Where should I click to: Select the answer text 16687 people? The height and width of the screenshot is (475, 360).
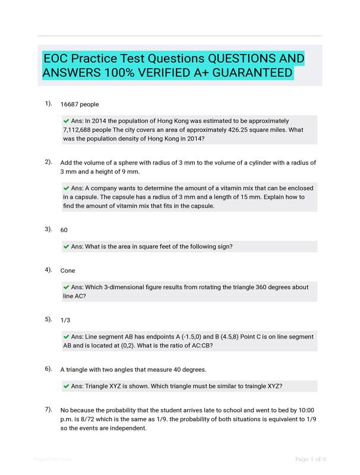80,104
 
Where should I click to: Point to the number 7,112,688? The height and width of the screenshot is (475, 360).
83,129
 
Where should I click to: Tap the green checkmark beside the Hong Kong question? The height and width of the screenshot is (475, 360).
66,121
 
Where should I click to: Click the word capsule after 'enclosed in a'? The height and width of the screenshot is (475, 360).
85,197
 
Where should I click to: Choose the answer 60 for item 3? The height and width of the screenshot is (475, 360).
64,229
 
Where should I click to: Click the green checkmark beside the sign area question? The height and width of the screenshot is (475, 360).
66,246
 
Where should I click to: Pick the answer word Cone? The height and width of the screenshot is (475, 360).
68,271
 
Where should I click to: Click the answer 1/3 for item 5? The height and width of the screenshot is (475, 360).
65,320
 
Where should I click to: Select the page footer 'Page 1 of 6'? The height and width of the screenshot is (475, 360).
311,459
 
